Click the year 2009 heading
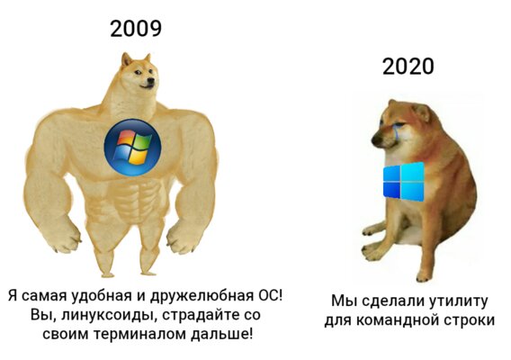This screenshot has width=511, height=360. pyautogui.click(x=136, y=29)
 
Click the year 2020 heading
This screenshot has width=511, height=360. pyautogui.click(x=408, y=67)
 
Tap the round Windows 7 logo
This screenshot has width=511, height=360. pyautogui.click(x=132, y=148)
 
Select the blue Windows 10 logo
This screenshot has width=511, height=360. pyautogui.click(x=404, y=181)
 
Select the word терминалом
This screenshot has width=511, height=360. pyautogui.click(x=139, y=334)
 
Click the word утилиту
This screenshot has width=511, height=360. pyautogui.click(x=458, y=301)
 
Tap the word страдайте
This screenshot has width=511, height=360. pyautogui.click(x=199, y=315)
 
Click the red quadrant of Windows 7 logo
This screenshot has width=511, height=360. pyautogui.click(x=125, y=138)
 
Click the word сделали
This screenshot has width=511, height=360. pyautogui.click(x=392, y=301)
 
